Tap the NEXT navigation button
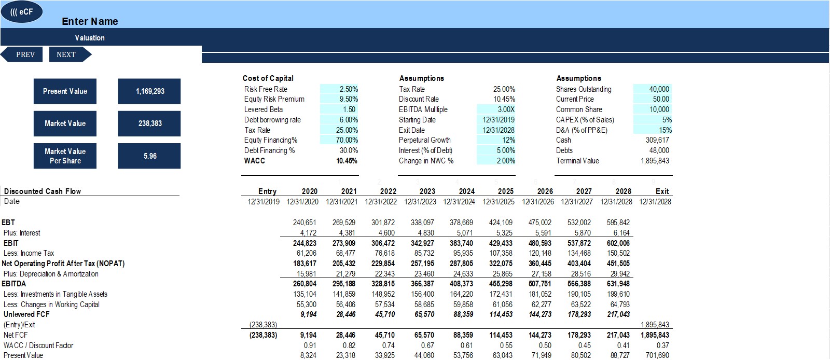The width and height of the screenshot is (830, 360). pos(70,54)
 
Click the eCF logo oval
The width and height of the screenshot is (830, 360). pos(21,12)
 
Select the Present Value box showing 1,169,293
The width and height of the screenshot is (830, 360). pos(149,91)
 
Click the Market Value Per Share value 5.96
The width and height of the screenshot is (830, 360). pos(149,156)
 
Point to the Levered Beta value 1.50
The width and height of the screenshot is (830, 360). pos(349,109)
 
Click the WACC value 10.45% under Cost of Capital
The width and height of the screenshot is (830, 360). pos(347,161)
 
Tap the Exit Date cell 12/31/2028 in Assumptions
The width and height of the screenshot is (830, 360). pos(499,130)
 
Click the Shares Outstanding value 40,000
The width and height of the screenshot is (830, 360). pos(659,89)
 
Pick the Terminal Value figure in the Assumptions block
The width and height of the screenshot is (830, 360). pos(655,161)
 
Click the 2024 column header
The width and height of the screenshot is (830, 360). pos(466,191)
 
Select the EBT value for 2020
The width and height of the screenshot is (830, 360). pos(305,223)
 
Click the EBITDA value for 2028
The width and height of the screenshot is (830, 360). pos(618,284)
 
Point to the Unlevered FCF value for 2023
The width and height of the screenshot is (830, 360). pos(424,314)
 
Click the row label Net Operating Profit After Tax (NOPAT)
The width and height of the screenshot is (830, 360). pos(63,264)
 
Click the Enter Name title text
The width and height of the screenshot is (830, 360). pos(90,21)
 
